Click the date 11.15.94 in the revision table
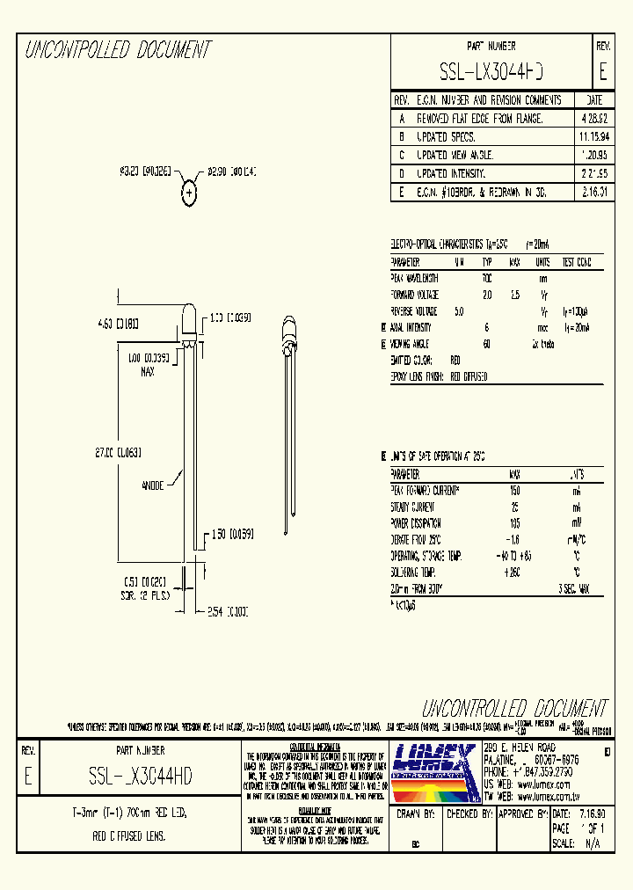click(594, 137)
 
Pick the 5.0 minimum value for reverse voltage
click(459, 311)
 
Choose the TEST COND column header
click(576, 262)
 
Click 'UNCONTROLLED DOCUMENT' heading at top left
click(117, 50)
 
